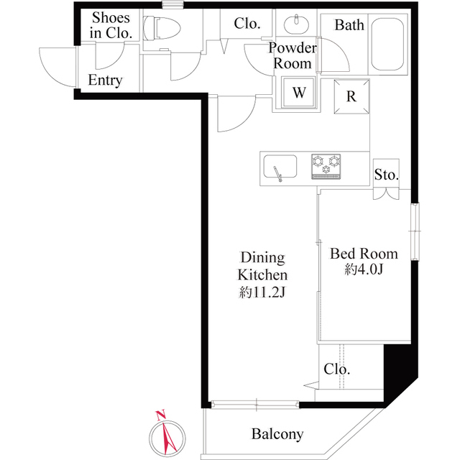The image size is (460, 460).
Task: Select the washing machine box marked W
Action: coord(299,92)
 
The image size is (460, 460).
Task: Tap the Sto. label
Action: coord(386,175)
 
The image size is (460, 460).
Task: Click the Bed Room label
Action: coord(364,254)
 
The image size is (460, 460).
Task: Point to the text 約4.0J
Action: coord(364,270)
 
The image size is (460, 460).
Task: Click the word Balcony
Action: coord(277,434)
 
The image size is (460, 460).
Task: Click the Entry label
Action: coord(105,80)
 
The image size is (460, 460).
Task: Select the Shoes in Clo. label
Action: coord(110,26)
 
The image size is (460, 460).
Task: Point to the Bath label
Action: coord(350,26)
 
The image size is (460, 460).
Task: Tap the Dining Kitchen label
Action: coord(263,266)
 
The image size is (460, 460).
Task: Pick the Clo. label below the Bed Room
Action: coord(336,369)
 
